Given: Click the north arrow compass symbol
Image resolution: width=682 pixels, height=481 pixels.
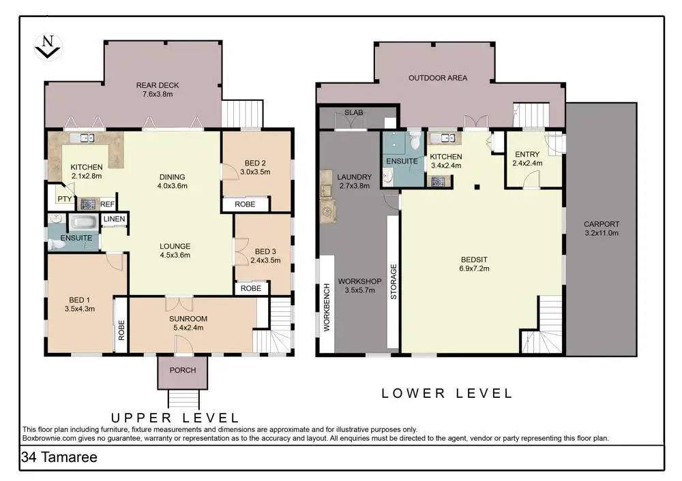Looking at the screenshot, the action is click(48, 47).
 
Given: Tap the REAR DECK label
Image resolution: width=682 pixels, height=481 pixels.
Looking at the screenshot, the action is click(158, 85).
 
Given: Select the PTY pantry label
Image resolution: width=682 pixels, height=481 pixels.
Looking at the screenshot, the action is click(65, 199).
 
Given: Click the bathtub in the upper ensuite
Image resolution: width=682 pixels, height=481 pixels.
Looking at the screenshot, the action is click(84, 223).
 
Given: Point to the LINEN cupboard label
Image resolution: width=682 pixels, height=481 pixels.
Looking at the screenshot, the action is click(115, 219).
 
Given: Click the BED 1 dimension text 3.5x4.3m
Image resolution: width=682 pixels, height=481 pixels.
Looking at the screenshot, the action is click(80, 309).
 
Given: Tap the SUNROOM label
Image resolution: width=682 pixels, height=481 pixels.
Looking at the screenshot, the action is click(188, 318).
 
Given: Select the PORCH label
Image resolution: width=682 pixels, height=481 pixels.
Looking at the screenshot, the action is click(183, 370).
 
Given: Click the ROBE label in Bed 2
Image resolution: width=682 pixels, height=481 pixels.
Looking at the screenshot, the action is click(245, 204).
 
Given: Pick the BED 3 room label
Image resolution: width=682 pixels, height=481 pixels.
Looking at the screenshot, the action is click(265, 251).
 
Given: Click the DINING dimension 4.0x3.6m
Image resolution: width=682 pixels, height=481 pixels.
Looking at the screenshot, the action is click(173, 186).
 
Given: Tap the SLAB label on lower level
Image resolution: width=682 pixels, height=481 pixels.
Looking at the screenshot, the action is click(353, 112).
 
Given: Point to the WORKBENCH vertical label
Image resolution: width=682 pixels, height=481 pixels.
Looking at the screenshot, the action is click(327, 307).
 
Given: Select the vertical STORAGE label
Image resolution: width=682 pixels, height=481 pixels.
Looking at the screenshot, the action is click(394, 281).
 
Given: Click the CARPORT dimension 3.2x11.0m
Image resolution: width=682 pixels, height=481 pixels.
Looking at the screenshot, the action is click(602, 233).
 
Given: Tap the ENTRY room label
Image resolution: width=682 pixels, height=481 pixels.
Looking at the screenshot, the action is click(527, 154).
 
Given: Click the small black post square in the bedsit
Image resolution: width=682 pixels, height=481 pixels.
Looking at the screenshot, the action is click(477, 187).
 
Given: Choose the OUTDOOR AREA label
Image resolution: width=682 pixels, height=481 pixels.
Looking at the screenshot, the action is click(438, 78).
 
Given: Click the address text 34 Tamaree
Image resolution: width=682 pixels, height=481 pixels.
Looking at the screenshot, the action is click(59, 457).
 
